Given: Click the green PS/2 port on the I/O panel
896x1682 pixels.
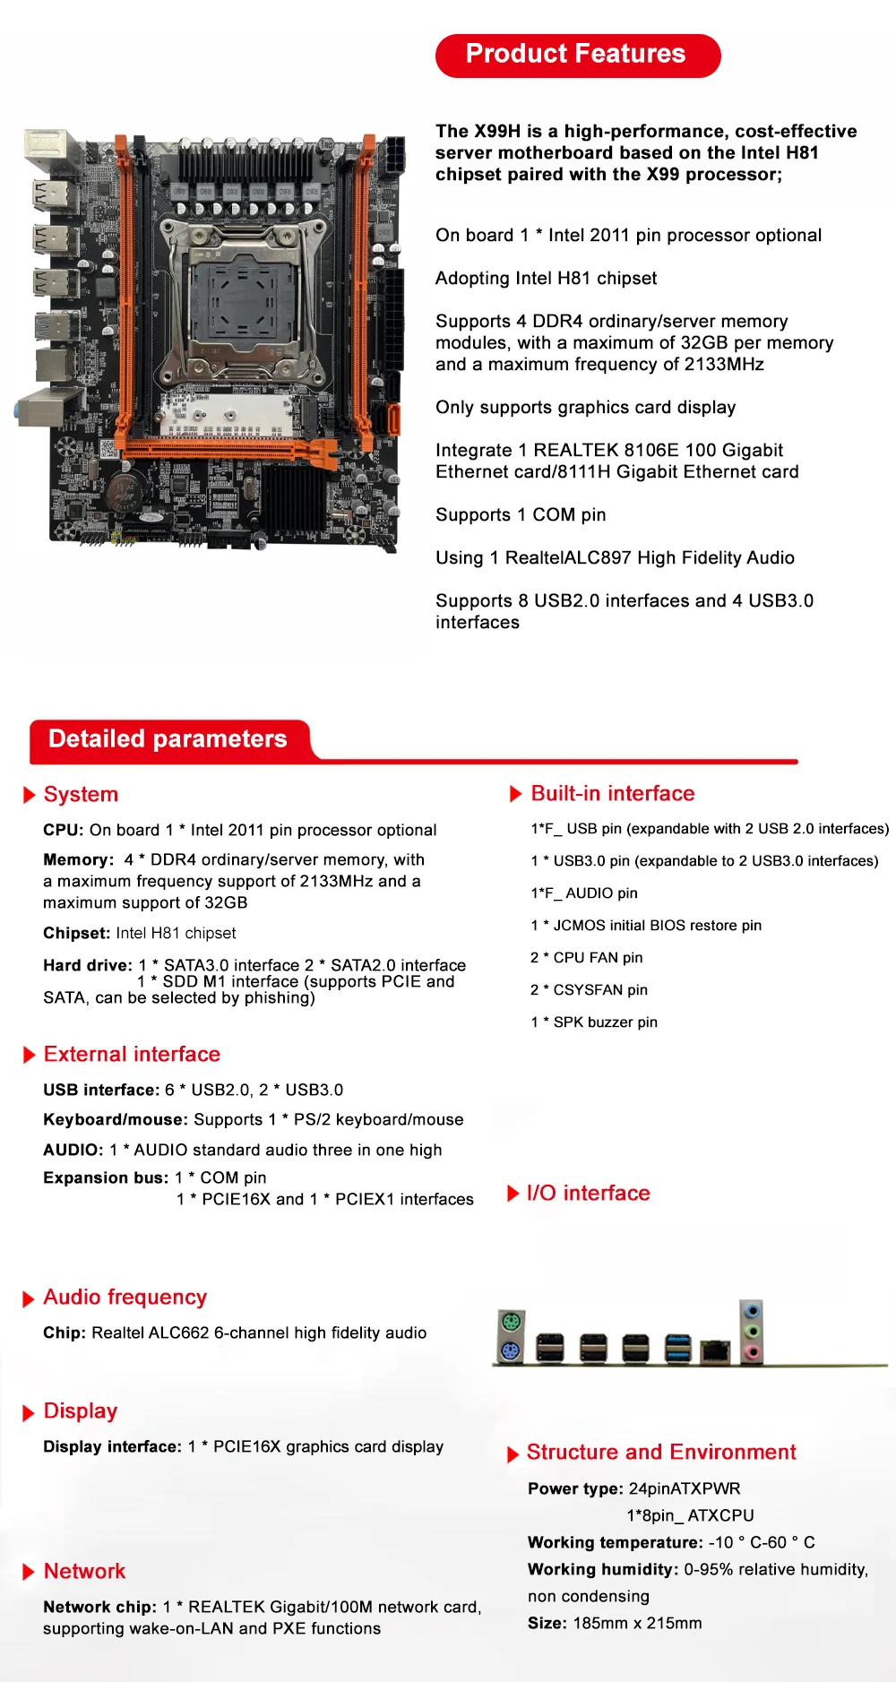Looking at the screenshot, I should coord(512,1322).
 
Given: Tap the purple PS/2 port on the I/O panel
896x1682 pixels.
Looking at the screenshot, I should coord(512,1350).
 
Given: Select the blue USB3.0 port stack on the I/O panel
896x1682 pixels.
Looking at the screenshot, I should coord(678,1347).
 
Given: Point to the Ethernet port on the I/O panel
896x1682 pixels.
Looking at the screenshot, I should coord(715,1349).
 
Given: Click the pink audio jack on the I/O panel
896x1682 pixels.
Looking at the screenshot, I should coord(753,1351).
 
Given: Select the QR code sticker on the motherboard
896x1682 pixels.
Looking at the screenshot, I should coord(108,448).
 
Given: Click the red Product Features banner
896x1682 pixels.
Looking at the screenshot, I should coord(577,55).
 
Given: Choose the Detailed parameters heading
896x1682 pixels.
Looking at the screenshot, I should coord(168,739).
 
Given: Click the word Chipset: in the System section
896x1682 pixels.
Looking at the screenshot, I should coord(77,933).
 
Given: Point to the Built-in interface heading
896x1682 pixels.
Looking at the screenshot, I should coord(613,794).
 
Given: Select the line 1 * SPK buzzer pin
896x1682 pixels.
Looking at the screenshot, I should coord(594,1022).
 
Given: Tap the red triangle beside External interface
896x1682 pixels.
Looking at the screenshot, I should coord(30,1055).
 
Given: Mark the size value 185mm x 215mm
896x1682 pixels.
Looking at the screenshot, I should coord(637,1623).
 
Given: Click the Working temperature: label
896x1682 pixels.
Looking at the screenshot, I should coord(616,1542).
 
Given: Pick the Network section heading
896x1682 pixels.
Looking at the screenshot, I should coord(84,1572).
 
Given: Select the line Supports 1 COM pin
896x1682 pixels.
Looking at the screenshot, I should coord(521,515).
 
